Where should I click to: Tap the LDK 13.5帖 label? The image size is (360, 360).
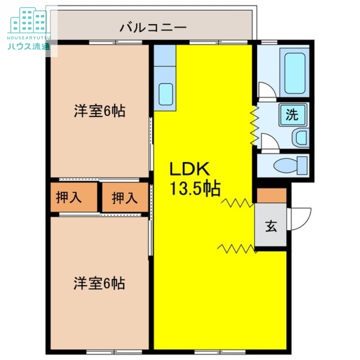(x=194, y=179)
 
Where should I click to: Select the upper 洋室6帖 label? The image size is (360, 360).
(x=99, y=111)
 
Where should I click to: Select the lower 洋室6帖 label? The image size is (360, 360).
(x=99, y=283)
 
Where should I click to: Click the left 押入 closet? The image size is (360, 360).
(x=69, y=198)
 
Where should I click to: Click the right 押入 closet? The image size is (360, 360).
(x=125, y=198)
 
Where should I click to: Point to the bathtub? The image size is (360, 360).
(x=295, y=73)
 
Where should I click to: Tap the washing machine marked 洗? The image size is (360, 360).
(x=292, y=115)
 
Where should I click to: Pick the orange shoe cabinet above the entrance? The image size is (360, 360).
(x=271, y=195)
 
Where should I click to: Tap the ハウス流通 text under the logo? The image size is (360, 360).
(x=28, y=46)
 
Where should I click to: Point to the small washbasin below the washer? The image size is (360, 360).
(x=300, y=137)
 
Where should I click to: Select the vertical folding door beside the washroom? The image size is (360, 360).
(x=254, y=126)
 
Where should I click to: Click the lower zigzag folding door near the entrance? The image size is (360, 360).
(x=237, y=248)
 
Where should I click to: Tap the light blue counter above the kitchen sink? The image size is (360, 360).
(x=164, y=56)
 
